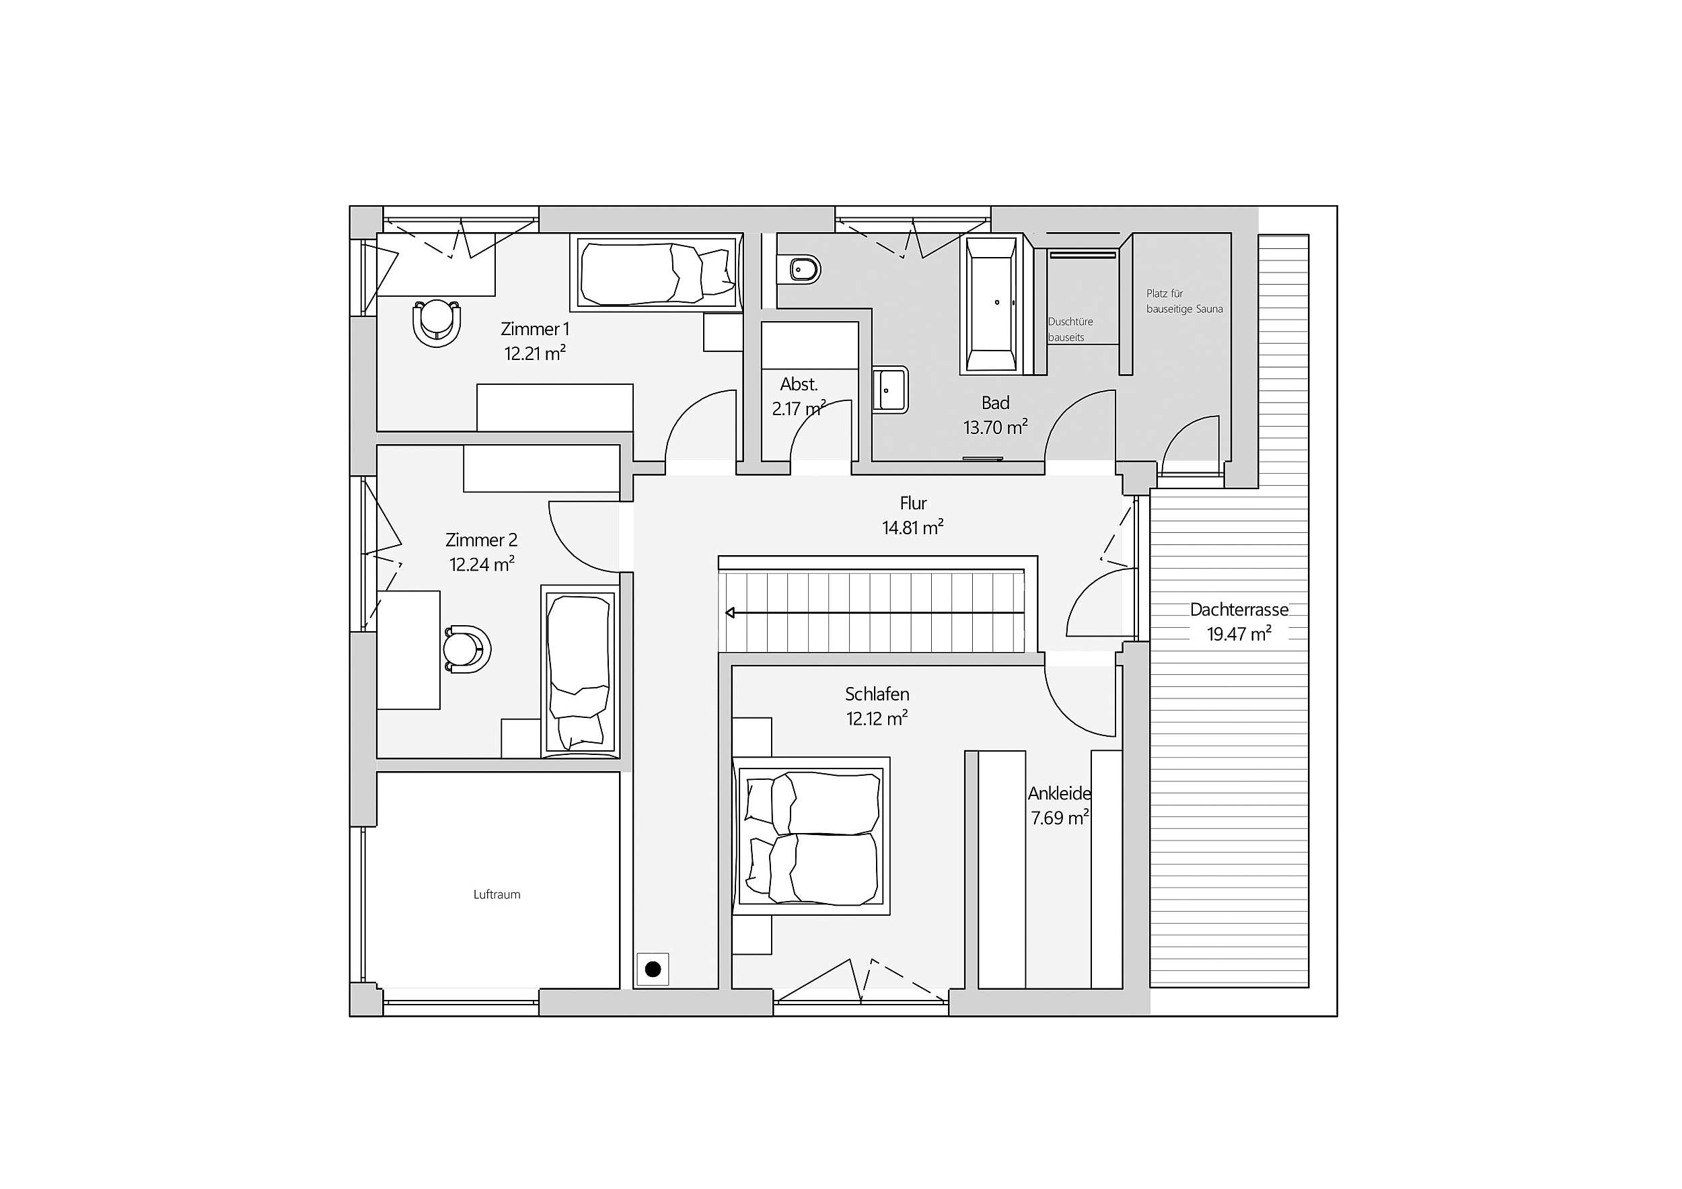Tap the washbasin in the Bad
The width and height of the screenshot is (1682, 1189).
click(890, 390)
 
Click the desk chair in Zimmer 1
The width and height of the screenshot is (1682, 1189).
click(437, 322)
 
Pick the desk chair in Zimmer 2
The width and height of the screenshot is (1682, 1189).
click(467, 649)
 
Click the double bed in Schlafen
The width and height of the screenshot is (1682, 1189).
click(811, 836)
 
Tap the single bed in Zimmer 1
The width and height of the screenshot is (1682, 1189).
click(657, 273)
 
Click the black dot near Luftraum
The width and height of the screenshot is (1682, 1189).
click(653, 970)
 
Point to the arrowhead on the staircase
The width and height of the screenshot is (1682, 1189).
click(731, 612)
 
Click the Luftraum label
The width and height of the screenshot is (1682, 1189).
click(497, 894)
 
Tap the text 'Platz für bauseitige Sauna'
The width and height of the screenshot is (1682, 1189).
click(1185, 301)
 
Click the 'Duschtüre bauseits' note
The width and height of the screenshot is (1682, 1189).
click(1070, 330)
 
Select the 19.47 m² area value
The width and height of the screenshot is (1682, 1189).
click(1239, 634)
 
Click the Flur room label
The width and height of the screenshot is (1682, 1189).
click(914, 503)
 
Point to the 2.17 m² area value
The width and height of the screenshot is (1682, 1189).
click(799, 408)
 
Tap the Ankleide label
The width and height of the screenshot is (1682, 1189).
click(1059, 793)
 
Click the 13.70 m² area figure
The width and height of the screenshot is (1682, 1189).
click(995, 427)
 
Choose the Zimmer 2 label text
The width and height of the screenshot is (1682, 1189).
click(481, 540)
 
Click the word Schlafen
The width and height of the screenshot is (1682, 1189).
click(877, 694)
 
